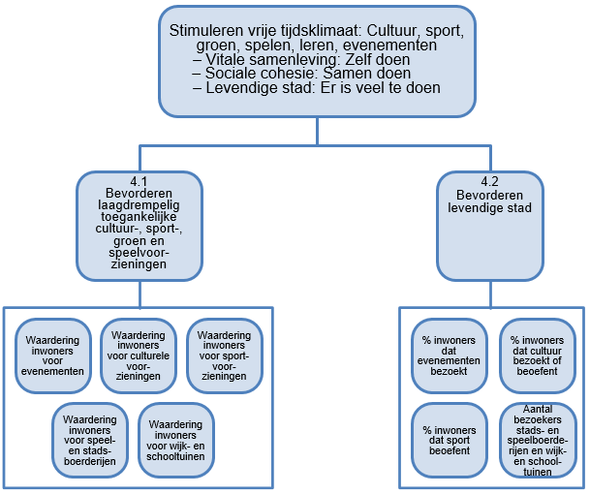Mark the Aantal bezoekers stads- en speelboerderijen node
(537, 438)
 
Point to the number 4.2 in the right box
(488, 180)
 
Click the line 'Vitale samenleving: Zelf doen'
(300, 59)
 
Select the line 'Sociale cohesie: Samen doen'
(302, 74)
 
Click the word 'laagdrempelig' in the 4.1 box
(138, 205)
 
